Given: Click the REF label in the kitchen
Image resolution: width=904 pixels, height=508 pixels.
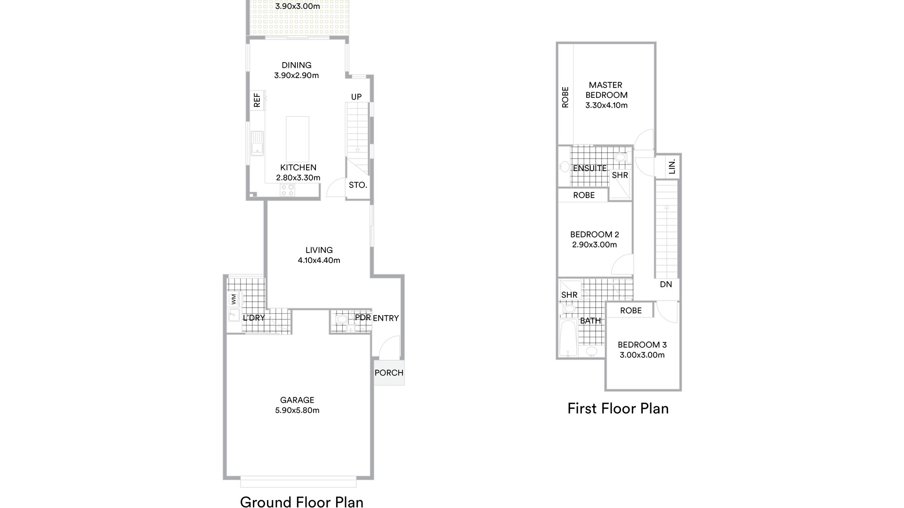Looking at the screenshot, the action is click(x=257, y=100).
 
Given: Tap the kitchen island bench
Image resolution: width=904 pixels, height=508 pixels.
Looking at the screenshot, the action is click(x=298, y=139).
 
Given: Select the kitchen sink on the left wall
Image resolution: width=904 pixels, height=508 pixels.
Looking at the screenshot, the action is click(x=257, y=143).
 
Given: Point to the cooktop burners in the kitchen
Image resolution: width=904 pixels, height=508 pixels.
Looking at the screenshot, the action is click(x=288, y=190).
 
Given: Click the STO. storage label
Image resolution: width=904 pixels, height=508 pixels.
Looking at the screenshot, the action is click(x=358, y=185).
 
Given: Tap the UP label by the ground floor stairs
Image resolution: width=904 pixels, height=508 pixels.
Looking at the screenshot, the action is click(x=356, y=97).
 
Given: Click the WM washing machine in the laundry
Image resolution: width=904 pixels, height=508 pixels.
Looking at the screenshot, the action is click(x=234, y=299).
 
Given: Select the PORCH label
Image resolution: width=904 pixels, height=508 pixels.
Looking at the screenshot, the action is click(x=389, y=373).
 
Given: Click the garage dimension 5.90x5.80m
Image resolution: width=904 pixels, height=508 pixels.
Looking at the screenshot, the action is click(x=297, y=410).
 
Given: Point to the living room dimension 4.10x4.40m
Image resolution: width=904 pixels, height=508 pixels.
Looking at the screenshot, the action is click(x=319, y=260).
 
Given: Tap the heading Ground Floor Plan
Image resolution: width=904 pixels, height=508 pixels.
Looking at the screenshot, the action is click(x=302, y=502).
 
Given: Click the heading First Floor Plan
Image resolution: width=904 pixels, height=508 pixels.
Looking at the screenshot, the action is click(x=618, y=408).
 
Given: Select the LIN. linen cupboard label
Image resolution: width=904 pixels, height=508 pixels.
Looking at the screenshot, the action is click(x=672, y=166).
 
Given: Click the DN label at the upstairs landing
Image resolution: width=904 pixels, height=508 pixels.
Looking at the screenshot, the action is click(x=666, y=284).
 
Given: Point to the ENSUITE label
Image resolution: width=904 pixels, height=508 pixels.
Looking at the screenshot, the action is click(x=590, y=168).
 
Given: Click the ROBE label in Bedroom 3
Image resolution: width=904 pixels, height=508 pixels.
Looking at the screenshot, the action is click(x=631, y=310).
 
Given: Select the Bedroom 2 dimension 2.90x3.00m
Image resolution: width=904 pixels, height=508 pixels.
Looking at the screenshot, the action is click(x=595, y=245).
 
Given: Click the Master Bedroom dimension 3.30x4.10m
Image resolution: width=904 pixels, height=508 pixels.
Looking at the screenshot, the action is click(x=606, y=105).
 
